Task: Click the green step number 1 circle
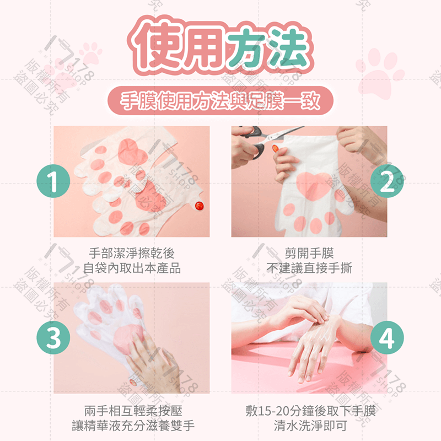pyautogui.click(x=53, y=181)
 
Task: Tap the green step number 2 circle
pyautogui.click(x=387, y=181)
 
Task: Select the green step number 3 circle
pyautogui.click(x=53, y=337)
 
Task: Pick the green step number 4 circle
pyautogui.click(x=387, y=337)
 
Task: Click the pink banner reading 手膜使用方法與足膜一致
pyautogui.click(x=220, y=101)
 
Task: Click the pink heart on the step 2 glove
pyautogui.click(x=313, y=186)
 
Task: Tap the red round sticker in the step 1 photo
pyautogui.click(x=200, y=206)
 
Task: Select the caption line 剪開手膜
pyautogui.click(x=309, y=253)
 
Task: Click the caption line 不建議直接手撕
pyautogui.click(x=309, y=268)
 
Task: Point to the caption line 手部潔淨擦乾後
pyautogui.click(x=132, y=253)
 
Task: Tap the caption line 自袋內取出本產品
pyautogui.click(x=132, y=268)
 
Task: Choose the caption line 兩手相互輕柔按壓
pyautogui.click(x=133, y=411)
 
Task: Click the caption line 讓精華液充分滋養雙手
pyautogui.click(x=133, y=426)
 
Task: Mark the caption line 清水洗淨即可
pyautogui.click(x=310, y=426)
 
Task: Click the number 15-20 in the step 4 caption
pyautogui.click(x=273, y=411)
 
